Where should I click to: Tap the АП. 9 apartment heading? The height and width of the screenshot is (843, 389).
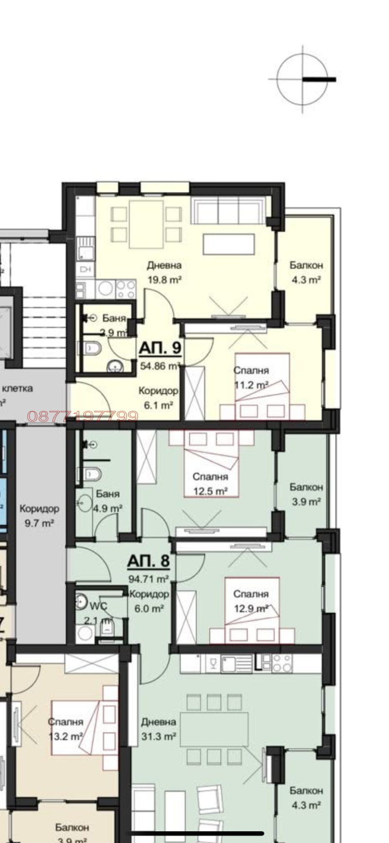pos(160,348)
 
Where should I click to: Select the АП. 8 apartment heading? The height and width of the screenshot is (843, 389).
pos(148,561)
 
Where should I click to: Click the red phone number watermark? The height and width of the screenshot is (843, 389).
pos(83,416)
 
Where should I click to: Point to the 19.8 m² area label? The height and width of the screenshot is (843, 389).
pos(164,280)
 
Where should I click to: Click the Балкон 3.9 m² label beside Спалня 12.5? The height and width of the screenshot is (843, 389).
pos(306,494)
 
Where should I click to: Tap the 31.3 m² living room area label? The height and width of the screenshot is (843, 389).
pos(159,737)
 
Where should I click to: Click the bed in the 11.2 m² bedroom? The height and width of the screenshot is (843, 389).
pos(263,384)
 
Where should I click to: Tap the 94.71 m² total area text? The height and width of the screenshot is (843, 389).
pos(148,579)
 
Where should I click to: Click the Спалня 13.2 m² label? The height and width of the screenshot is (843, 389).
pos(66,729)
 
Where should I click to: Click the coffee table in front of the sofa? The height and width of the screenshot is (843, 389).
pos(229,244)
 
